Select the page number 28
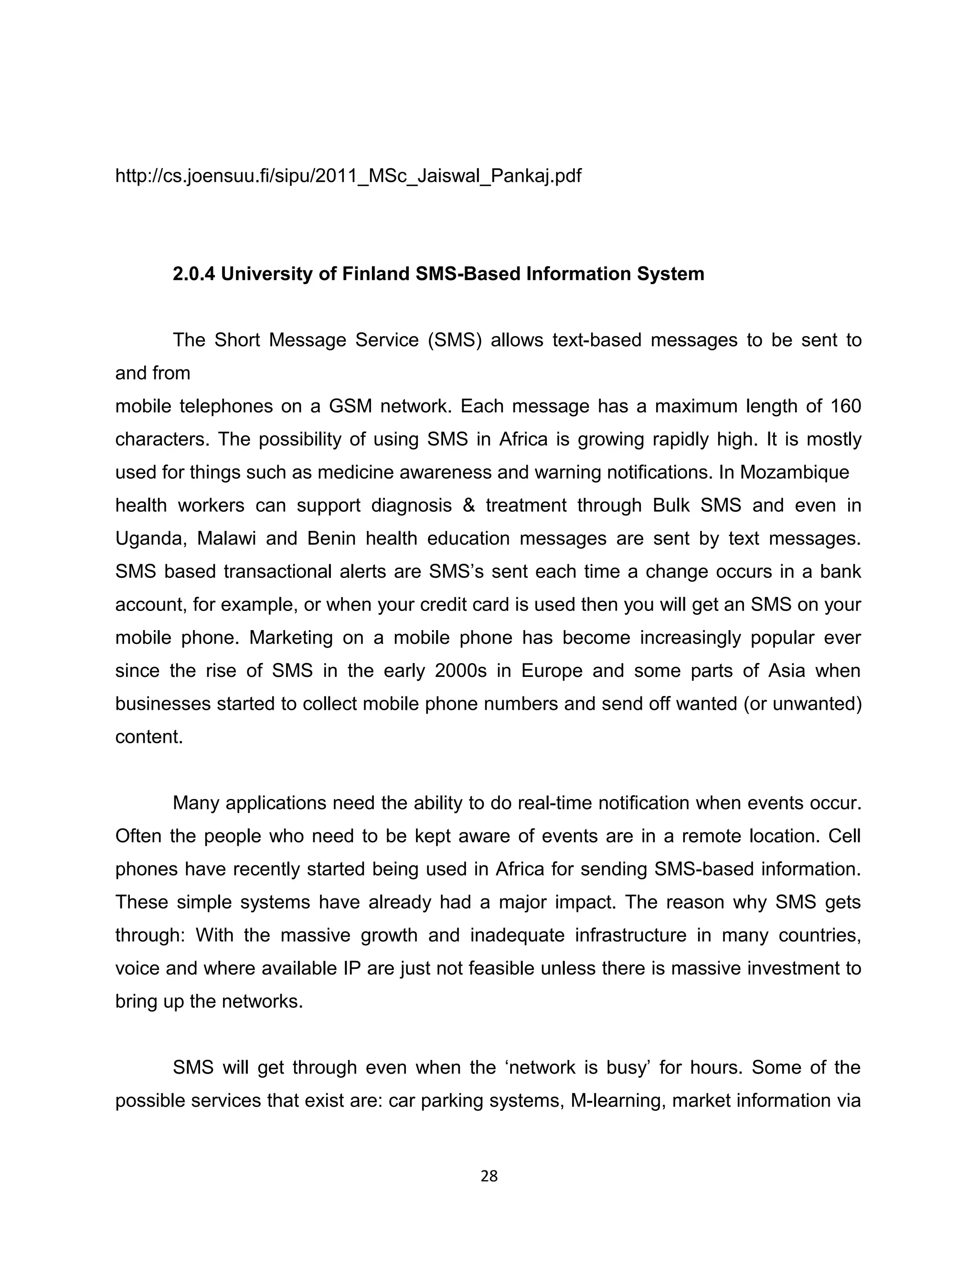pos(489,1176)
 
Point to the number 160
pos(845,407)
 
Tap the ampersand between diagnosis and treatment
pos(468,506)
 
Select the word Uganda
pos(150,538)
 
